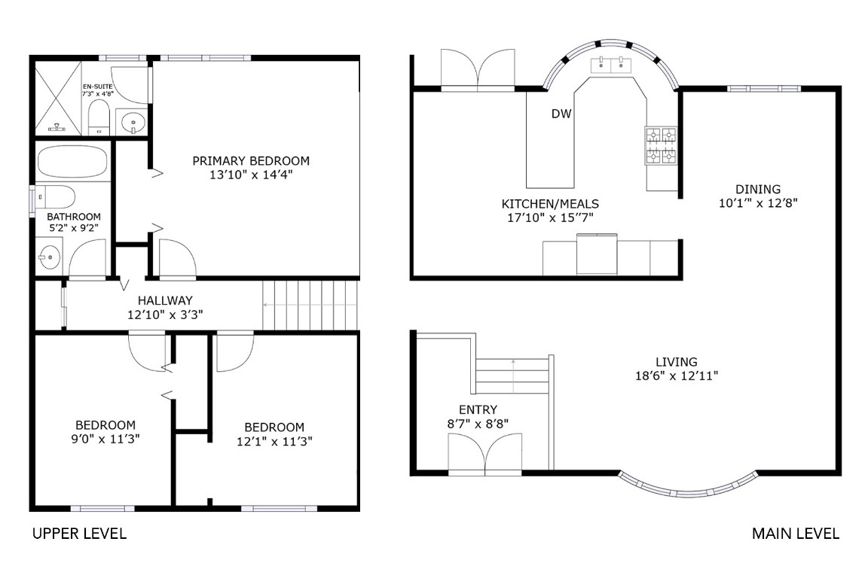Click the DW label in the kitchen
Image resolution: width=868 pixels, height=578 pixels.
561,114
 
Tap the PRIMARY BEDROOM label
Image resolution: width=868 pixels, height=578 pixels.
251,160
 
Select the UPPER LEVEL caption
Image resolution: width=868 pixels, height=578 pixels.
79,534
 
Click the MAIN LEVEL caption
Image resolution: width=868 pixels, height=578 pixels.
795,534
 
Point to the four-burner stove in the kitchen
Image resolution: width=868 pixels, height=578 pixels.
659,146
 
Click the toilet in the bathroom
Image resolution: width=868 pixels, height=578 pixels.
57,197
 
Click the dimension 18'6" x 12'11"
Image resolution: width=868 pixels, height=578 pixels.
676,376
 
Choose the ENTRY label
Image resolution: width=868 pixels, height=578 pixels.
478,409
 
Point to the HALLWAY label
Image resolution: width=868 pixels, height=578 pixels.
165,300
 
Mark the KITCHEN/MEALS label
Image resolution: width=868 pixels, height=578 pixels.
551,204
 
